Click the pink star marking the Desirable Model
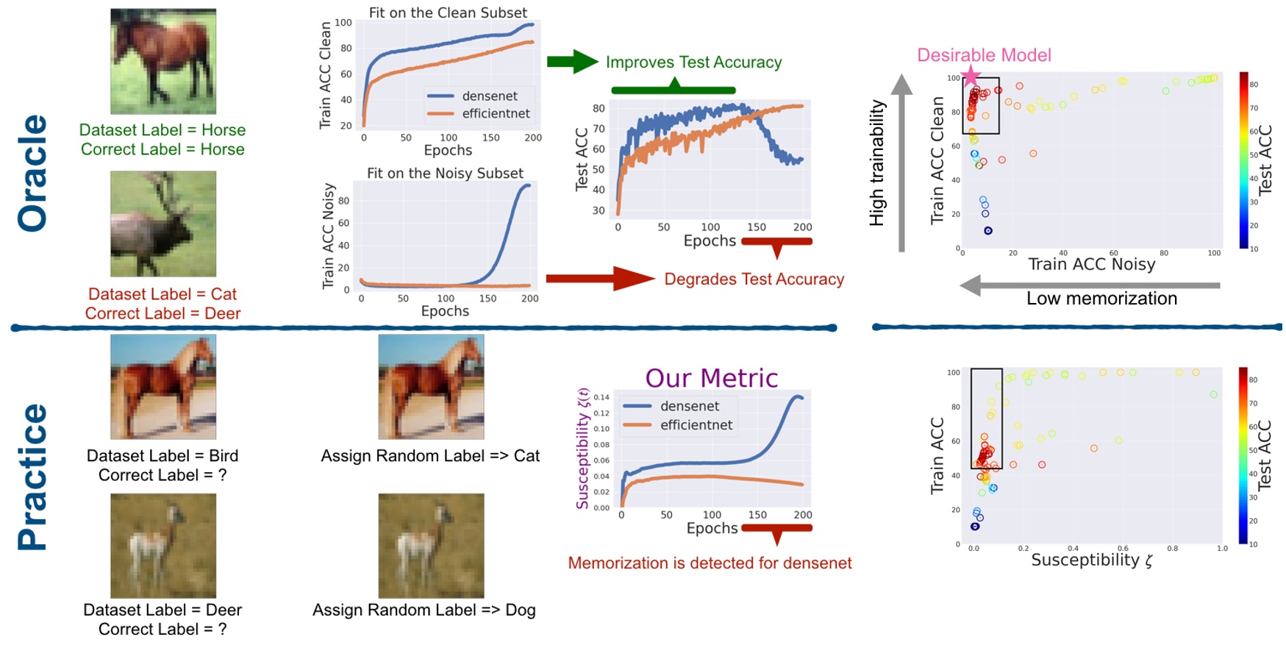[x=971, y=75]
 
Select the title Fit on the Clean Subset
[x=448, y=13]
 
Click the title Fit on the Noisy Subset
[x=445, y=173]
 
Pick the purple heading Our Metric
[x=711, y=377]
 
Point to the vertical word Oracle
[x=32, y=173]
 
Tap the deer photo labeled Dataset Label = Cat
[x=163, y=224]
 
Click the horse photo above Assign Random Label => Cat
[x=431, y=386]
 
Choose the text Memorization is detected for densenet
[x=710, y=563]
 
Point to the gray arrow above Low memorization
[x=1089, y=285]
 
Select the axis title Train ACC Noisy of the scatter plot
[x=1091, y=264]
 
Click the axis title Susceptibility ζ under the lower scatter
[x=1091, y=560]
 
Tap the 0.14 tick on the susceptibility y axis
[x=601, y=397]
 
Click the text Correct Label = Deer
[x=162, y=313]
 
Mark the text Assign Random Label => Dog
[x=424, y=610]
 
